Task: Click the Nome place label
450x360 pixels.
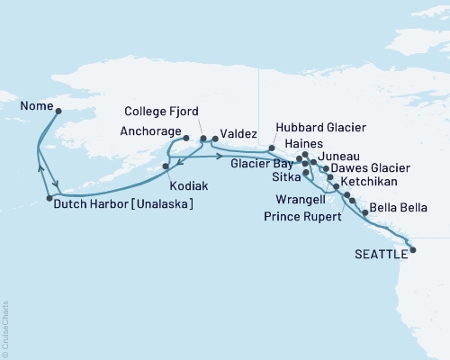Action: point(32,103)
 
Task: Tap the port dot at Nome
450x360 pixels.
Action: point(58,112)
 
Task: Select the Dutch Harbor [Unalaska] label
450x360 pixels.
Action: point(123,204)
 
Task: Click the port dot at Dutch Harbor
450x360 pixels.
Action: point(49,198)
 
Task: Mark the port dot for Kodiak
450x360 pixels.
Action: point(166,166)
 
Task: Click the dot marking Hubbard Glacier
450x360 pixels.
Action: point(272,147)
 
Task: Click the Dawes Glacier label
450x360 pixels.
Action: point(370,167)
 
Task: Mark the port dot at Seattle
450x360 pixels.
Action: point(413,251)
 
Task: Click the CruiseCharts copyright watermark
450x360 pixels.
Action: point(5,328)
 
